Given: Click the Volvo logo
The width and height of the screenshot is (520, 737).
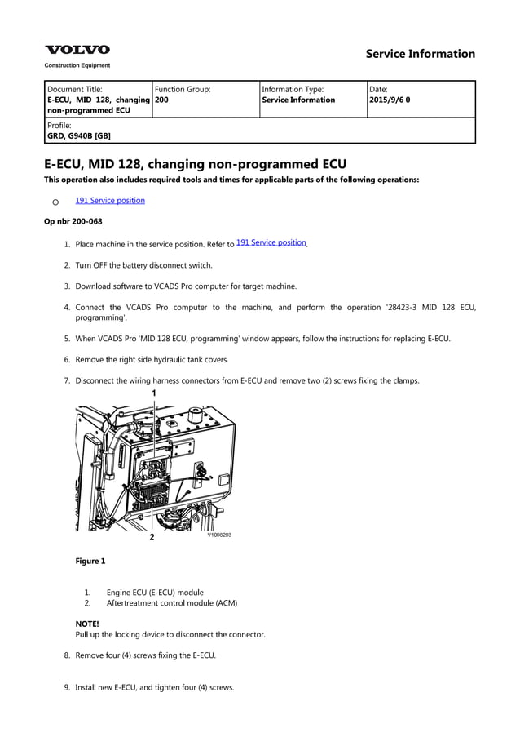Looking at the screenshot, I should pyautogui.click(x=77, y=50).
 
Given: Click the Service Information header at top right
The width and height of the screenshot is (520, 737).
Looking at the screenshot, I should pyautogui.click(x=420, y=54).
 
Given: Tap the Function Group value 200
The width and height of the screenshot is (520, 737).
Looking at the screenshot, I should pyautogui.click(x=161, y=100).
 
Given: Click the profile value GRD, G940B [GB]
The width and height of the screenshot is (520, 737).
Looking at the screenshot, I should pyautogui.click(x=79, y=136).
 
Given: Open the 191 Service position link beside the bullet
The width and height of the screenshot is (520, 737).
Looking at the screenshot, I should pyautogui.click(x=110, y=200).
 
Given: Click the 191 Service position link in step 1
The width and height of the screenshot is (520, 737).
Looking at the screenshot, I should pyautogui.click(x=271, y=242).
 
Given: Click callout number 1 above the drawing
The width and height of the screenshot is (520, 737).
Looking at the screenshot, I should pyautogui.click(x=153, y=393).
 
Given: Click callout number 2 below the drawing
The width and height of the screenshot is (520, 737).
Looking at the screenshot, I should pyautogui.click(x=152, y=538).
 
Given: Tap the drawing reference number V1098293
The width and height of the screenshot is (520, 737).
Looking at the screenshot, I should pyautogui.click(x=218, y=535).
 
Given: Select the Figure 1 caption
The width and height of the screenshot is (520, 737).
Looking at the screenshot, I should pyautogui.click(x=90, y=561).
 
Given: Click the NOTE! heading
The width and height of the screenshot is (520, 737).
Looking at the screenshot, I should pyautogui.click(x=87, y=624).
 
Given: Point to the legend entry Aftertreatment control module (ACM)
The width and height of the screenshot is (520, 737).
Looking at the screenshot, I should pyautogui.click(x=172, y=603).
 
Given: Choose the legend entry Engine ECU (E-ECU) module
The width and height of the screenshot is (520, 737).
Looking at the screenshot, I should pyautogui.click(x=155, y=593).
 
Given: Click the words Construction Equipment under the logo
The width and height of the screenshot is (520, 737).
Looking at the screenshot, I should pyautogui.click(x=77, y=65).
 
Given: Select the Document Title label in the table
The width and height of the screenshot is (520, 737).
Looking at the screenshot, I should pyautogui.click(x=75, y=89).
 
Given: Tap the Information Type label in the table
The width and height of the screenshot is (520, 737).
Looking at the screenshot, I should pyautogui.click(x=293, y=89).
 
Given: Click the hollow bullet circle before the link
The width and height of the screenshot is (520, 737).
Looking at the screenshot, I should pyautogui.click(x=55, y=202).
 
